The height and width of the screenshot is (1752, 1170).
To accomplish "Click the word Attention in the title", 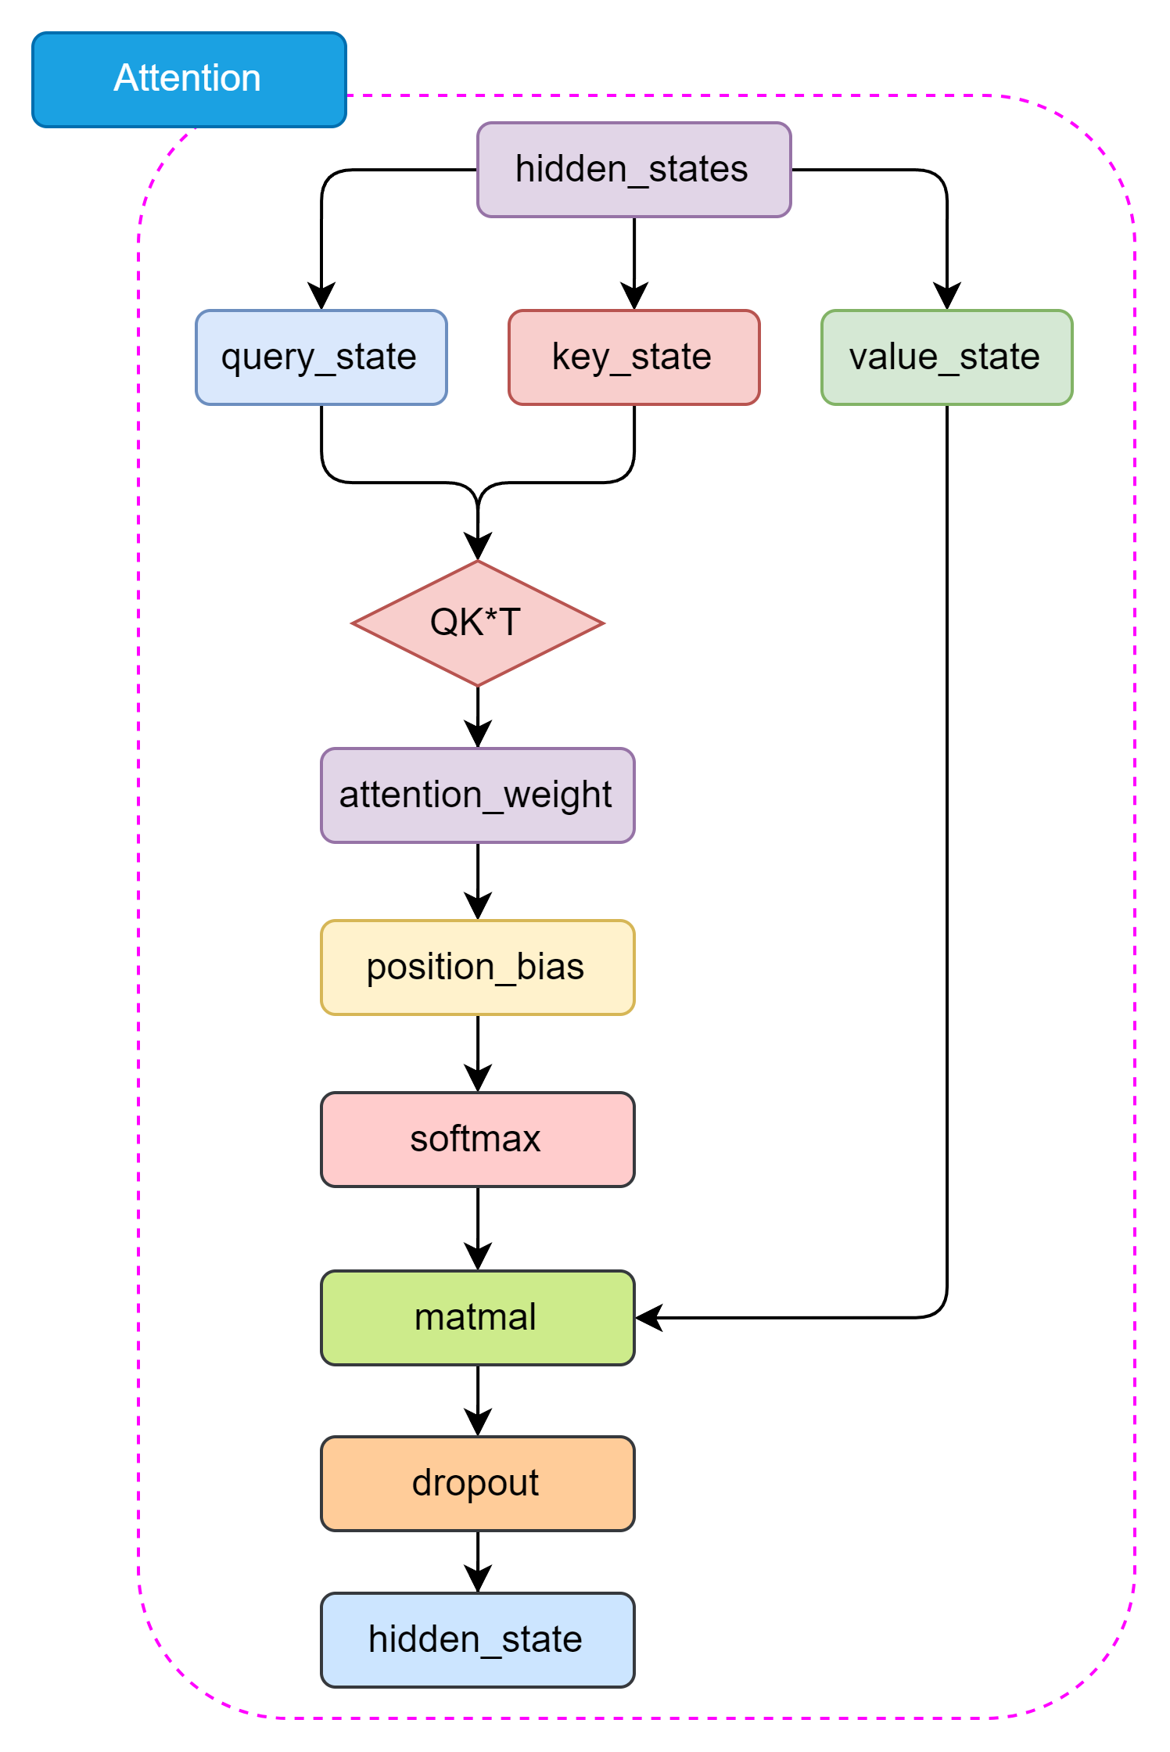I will [187, 78].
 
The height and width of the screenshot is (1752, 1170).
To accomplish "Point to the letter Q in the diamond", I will [443, 623].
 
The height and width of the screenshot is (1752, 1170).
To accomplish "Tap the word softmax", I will [475, 1139].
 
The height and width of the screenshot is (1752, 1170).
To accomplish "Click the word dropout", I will [475, 1483].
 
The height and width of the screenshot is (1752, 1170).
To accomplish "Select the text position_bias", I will [475, 967].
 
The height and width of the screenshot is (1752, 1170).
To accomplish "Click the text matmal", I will [475, 1317].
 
